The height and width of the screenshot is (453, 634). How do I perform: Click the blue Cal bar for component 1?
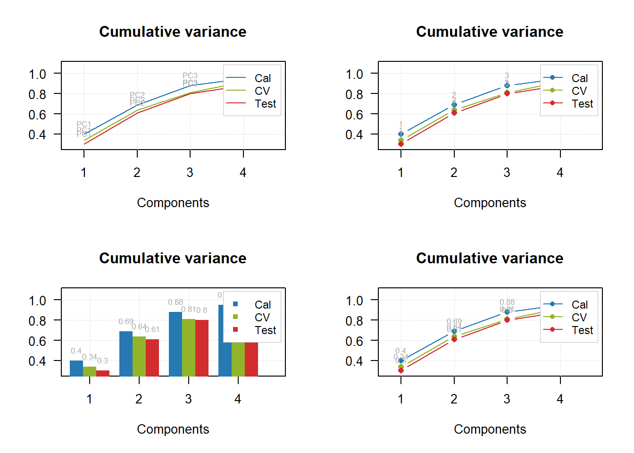coord(76,368)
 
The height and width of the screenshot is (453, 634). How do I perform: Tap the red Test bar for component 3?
coord(202,348)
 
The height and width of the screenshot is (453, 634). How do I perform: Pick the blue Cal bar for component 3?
coord(175,344)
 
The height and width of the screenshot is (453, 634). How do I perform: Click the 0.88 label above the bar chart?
coord(175,302)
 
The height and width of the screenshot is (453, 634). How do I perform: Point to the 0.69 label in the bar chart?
coord(126,322)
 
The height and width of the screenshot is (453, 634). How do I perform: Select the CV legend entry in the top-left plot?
coord(262,91)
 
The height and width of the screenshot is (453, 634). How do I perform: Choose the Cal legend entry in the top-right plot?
coord(579,78)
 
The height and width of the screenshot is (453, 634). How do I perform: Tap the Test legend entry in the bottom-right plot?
coord(582,330)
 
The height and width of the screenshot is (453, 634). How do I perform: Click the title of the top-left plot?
coord(173,32)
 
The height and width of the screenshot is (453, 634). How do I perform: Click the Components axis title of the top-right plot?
coord(490,203)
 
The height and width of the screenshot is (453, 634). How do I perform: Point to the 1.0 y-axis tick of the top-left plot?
coord(37,74)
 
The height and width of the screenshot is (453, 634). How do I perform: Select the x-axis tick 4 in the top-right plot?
coord(560,173)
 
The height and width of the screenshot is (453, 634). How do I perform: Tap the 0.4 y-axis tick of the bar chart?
coord(37,361)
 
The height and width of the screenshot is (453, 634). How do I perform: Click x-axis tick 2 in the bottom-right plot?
coord(454,399)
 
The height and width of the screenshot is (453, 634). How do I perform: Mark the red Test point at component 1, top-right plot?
coord(401,144)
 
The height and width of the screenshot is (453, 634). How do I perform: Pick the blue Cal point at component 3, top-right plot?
coord(507,85)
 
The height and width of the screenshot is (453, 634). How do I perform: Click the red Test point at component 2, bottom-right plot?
coord(454,339)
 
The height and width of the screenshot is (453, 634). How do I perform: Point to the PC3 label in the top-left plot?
coord(190,75)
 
